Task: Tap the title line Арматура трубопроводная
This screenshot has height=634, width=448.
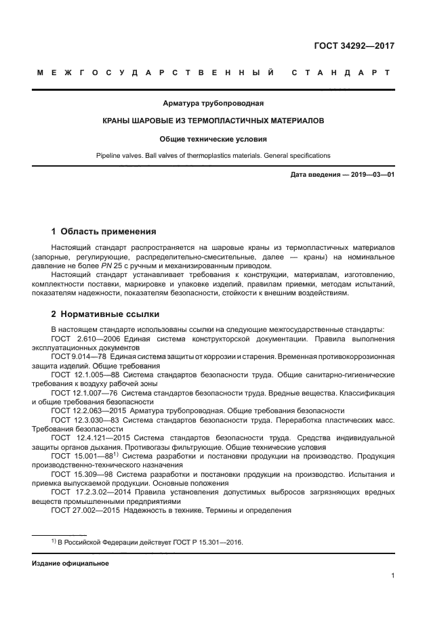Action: [213, 104]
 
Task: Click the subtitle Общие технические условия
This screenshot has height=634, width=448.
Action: [213, 138]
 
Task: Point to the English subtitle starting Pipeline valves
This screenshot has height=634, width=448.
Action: [213, 155]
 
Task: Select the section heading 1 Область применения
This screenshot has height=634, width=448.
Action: [104, 231]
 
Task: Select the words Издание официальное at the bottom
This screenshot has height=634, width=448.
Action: [70, 563]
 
